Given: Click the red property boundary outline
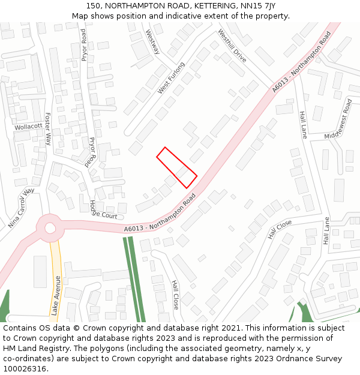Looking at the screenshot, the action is (x=177, y=167).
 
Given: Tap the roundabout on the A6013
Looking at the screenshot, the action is (x=50, y=228).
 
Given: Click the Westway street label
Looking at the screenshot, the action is (x=153, y=42).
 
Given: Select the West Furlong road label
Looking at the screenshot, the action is (x=172, y=77).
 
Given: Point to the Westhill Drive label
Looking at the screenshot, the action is (x=232, y=46).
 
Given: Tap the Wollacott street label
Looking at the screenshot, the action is (x=29, y=127).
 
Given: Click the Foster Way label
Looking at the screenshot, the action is (x=48, y=129).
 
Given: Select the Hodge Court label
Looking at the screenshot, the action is (x=103, y=210).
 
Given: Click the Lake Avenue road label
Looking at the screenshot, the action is (x=56, y=295).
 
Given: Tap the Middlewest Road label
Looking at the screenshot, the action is (x=339, y=119).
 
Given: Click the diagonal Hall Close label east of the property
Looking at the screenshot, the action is (x=280, y=229).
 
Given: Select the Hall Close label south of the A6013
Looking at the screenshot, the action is (x=175, y=295).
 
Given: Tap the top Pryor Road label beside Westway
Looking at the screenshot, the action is (x=84, y=45).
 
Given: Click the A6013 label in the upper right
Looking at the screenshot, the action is (x=301, y=62).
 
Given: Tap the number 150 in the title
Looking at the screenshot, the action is (x=94, y=6).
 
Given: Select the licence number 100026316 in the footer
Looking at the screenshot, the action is (x=25, y=368).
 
